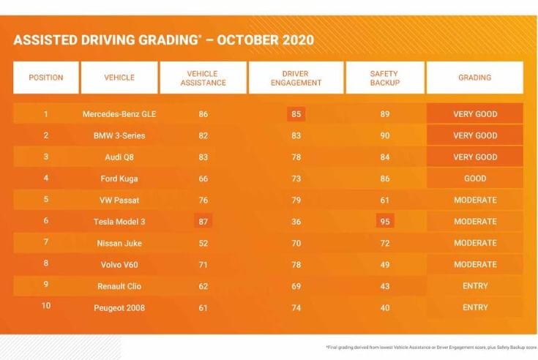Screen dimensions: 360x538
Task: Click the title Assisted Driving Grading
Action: point(163,40)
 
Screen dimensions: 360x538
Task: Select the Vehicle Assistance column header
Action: point(203,78)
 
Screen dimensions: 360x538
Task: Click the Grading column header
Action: point(474,78)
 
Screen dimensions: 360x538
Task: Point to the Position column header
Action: point(45,78)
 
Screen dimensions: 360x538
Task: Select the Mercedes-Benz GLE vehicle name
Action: point(119,114)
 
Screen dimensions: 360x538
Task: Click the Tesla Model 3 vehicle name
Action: point(119,222)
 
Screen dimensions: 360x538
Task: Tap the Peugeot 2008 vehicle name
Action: point(119,308)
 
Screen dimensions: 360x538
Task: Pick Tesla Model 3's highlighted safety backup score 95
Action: point(384,222)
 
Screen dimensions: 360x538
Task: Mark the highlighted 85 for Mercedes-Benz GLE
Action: point(295,114)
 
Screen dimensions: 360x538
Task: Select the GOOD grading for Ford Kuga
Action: point(474,179)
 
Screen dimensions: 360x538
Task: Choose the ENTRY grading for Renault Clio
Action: point(474,286)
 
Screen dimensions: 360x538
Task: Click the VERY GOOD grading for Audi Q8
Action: point(474,157)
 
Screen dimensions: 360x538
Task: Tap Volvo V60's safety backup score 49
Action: point(384,265)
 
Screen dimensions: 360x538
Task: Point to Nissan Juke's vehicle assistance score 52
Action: point(203,243)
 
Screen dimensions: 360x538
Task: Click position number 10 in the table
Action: point(45,307)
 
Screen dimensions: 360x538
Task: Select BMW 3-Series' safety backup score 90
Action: point(384,135)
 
